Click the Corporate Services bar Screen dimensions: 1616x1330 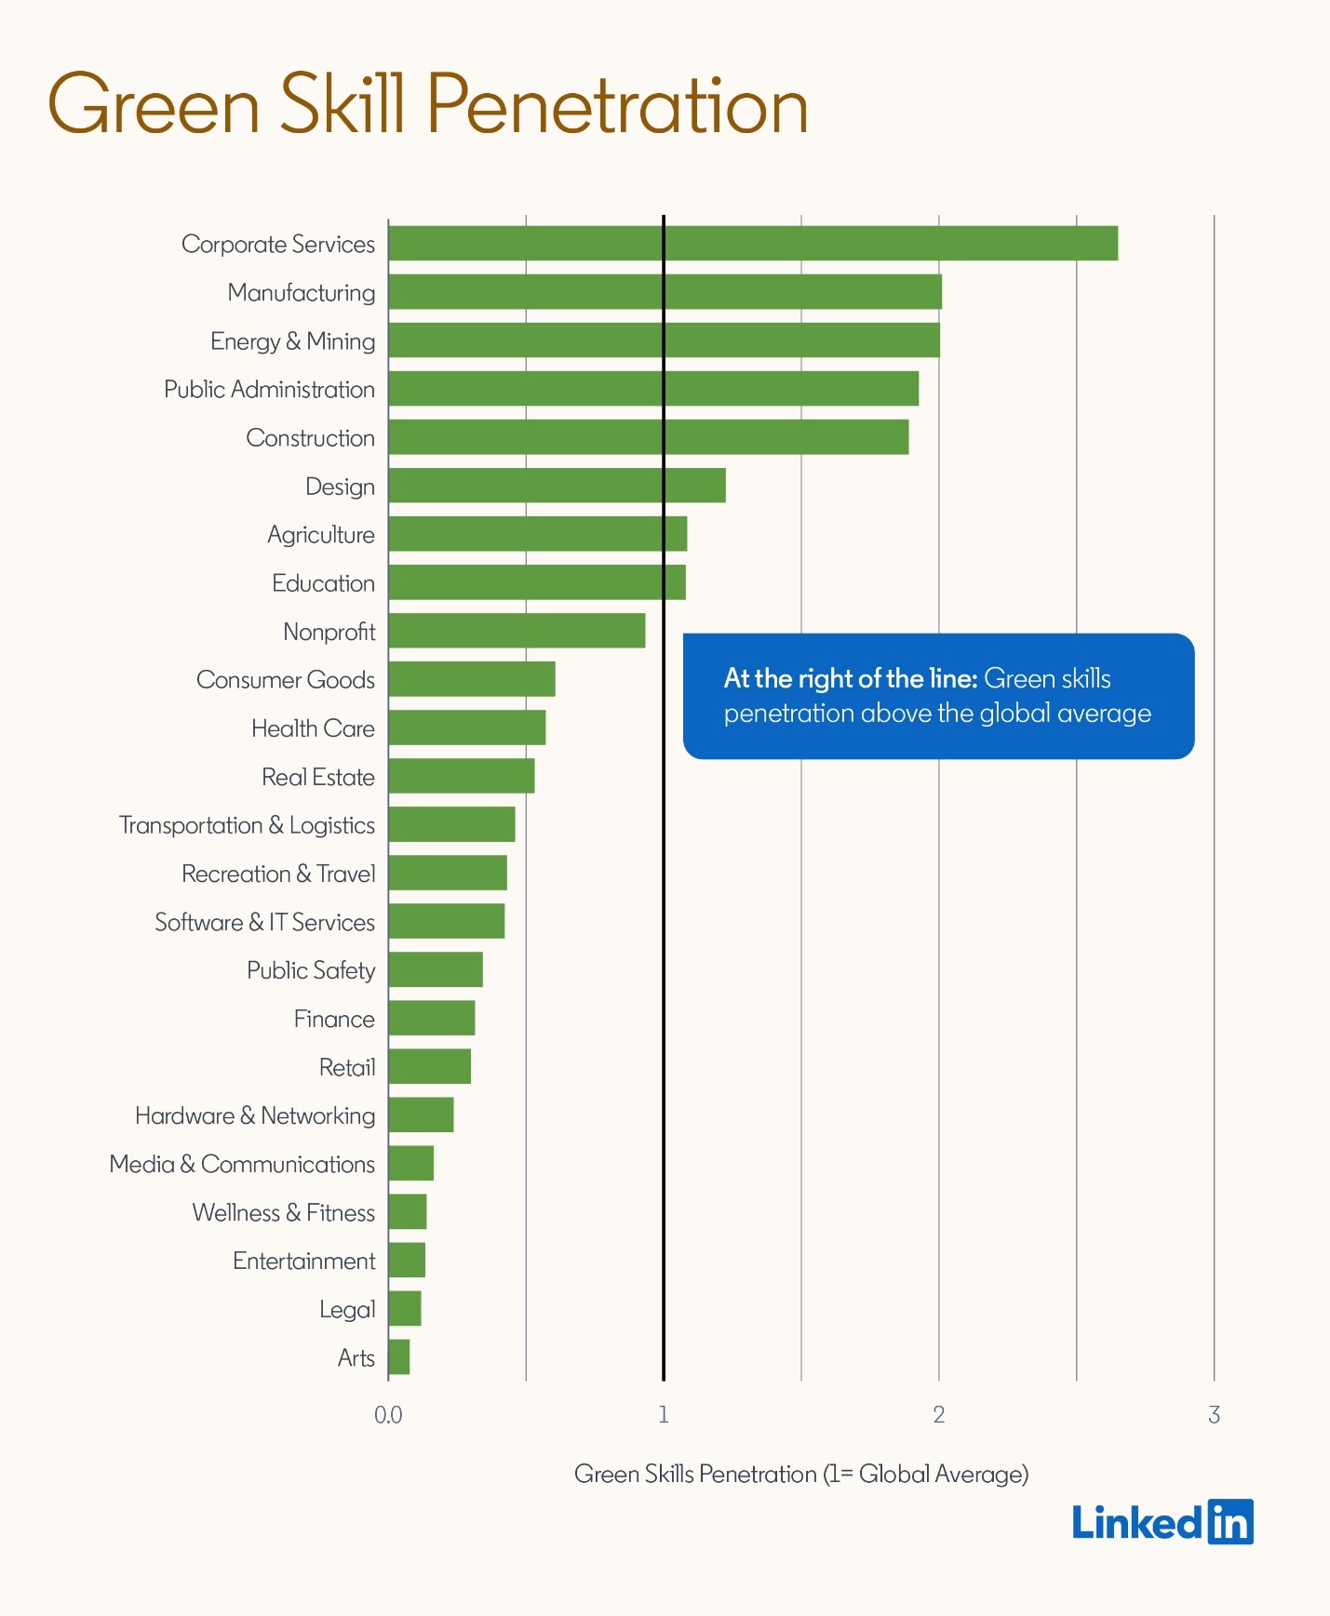click(x=752, y=244)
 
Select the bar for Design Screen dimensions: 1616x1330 click(x=557, y=486)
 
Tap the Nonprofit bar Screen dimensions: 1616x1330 click(x=517, y=631)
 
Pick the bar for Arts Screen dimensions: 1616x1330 click(x=399, y=1357)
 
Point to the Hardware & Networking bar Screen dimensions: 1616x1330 click(x=421, y=1115)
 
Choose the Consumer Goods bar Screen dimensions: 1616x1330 click(x=472, y=679)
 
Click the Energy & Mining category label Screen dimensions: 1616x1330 click(x=292, y=341)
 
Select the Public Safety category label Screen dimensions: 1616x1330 click(x=311, y=970)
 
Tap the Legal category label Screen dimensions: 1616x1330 click(x=347, y=1310)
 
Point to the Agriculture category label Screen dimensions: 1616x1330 click(x=321, y=535)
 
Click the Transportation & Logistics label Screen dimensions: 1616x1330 click(x=247, y=825)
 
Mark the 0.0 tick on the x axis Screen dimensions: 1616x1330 click(x=388, y=1415)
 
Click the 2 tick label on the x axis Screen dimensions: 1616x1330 click(x=938, y=1415)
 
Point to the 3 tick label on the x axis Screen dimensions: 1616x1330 click(x=1214, y=1415)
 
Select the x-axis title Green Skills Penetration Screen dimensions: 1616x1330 click(x=800, y=1474)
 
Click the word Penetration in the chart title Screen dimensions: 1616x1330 click(x=617, y=104)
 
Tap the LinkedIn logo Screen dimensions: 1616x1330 click(x=1162, y=1523)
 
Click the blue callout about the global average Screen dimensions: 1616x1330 click(x=938, y=696)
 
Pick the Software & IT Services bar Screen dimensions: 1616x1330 click(x=447, y=921)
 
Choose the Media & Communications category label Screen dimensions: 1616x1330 click(x=242, y=1165)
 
